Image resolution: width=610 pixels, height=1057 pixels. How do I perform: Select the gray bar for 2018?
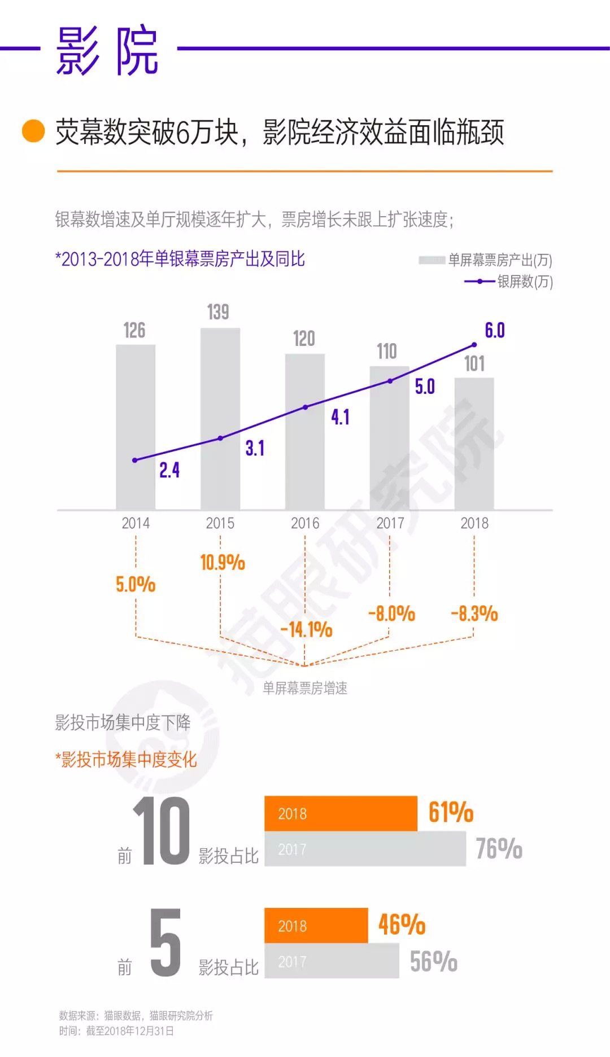474,444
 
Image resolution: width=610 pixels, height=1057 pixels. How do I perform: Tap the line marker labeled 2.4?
135,460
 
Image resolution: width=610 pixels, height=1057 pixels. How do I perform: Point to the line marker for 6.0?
474,345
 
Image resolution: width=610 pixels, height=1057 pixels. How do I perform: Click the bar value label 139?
218,312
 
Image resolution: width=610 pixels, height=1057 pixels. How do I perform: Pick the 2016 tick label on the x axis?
305,524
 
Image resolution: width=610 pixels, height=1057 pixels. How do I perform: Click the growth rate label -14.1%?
307,630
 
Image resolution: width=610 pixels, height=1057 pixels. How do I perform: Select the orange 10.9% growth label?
223,563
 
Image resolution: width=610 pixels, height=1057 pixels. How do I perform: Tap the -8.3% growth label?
474,614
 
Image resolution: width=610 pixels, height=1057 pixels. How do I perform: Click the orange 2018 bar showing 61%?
341,813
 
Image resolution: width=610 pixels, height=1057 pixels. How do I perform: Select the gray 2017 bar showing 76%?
365,849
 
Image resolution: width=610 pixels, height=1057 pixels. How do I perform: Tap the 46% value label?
402,924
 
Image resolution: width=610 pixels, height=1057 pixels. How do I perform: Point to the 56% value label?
434,962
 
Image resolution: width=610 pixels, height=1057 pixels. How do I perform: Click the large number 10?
162,831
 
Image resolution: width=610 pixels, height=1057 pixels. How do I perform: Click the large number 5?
165,943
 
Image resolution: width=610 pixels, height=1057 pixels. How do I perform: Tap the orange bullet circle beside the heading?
33,131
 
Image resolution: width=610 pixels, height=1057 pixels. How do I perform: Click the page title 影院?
107,51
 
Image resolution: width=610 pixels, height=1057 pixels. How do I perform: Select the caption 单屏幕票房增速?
305,688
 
